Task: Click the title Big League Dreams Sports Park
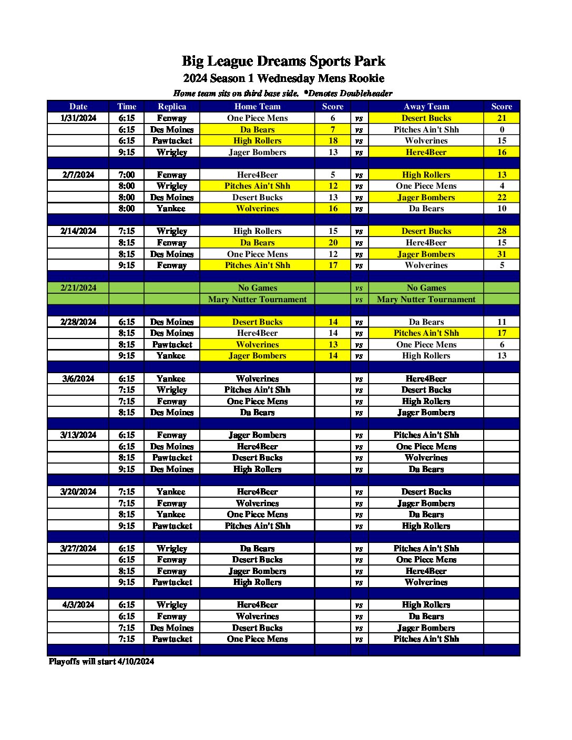pyautogui.click(x=283, y=61)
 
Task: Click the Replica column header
pyautogui.click(x=172, y=106)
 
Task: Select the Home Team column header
pyautogui.click(x=257, y=106)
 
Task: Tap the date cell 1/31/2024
pyautogui.click(x=78, y=118)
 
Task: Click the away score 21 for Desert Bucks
pyautogui.click(x=502, y=118)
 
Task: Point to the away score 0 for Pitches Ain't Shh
pyautogui.click(x=502, y=129)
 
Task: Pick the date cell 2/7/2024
pyautogui.click(x=78, y=174)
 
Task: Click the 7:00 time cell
pyautogui.click(x=126, y=174)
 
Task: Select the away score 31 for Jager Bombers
pyautogui.click(x=502, y=254)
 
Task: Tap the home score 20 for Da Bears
pyautogui.click(x=333, y=243)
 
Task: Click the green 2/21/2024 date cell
pyautogui.click(x=78, y=288)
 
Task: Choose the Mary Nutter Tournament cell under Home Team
pyautogui.click(x=257, y=300)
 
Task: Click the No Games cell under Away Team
pyautogui.click(x=426, y=288)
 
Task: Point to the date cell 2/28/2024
pyautogui.click(x=78, y=322)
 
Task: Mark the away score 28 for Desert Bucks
pyautogui.click(x=502, y=231)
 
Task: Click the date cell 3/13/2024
pyautogui.click(x=78, y=435)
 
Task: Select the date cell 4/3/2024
pyautogui.click(x=78, y=605)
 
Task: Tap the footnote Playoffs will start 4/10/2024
pyautogui.click(x=101, y=661)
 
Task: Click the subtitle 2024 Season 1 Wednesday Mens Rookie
pyautogui.click(x=283, y=79)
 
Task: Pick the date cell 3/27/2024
pyautogui.click(x=78, y=548)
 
